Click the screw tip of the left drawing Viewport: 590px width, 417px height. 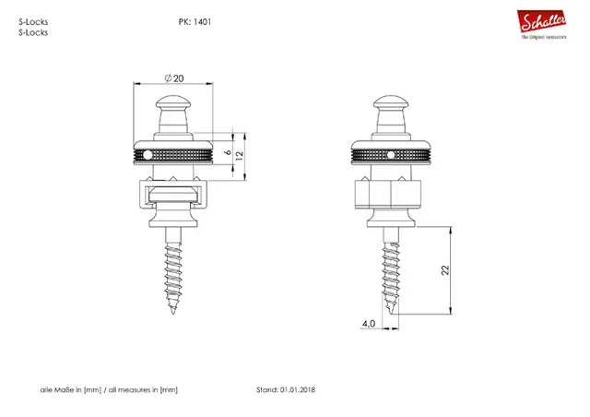(173, 312)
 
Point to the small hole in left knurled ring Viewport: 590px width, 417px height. (173, 153)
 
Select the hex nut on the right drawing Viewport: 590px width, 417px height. (388, 196)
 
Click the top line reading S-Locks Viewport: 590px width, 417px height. (33, 20)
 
